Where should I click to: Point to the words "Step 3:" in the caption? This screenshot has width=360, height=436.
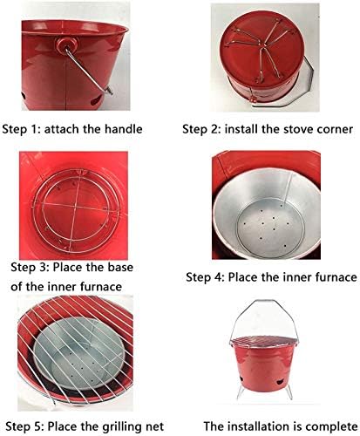pos(31,269)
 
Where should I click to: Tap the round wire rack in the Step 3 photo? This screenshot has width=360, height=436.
pos(83,209)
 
